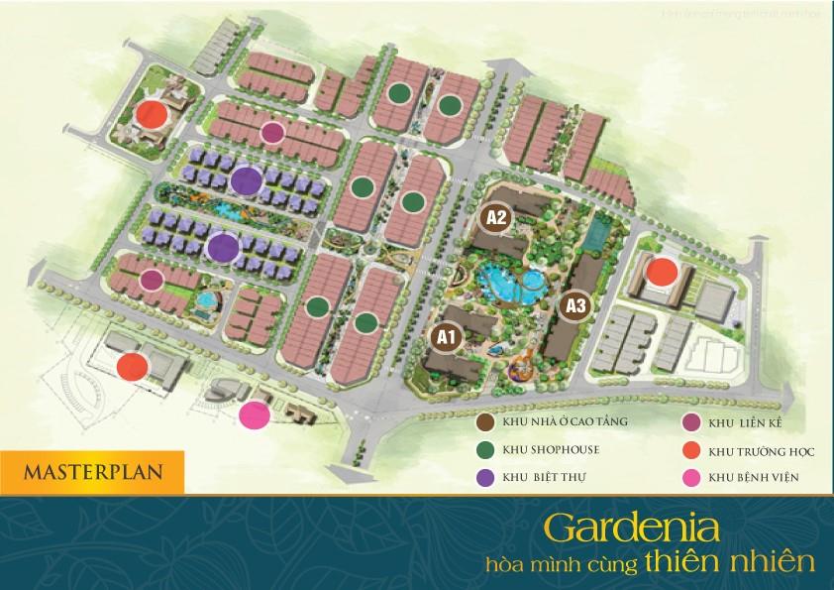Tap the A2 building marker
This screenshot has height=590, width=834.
click(x=495, y=217)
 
